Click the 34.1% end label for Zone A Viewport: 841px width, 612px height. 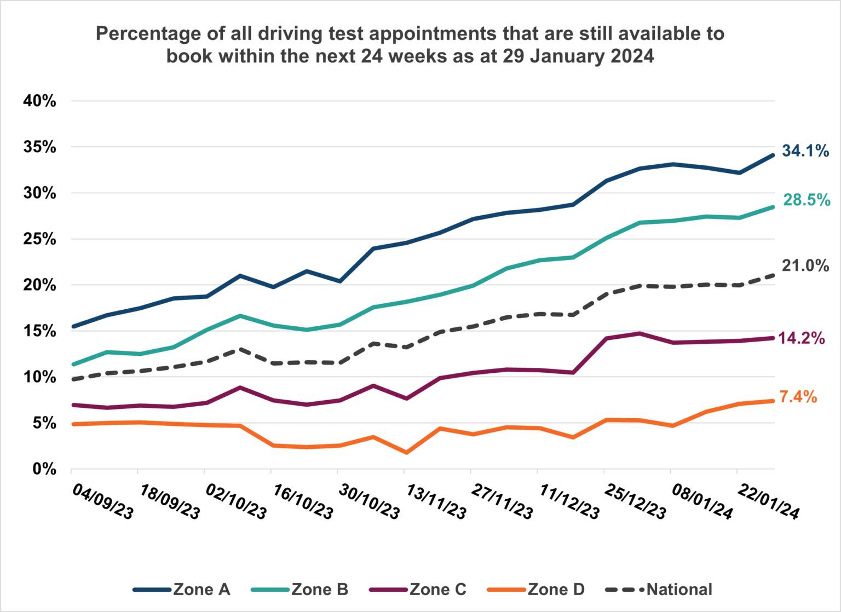(x=805, y=151)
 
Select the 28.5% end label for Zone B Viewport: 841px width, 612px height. (x=806, y=200)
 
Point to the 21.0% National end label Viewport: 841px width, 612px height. (x=805, y=265)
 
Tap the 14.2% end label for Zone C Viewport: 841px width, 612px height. (x=801, y=338)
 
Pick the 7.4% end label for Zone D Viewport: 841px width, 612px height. (x=798, y=397)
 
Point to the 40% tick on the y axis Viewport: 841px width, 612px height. (x=39, y=101)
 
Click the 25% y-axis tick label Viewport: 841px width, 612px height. (x=39, y=239)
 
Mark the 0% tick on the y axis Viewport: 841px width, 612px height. (x=44, y=469)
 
